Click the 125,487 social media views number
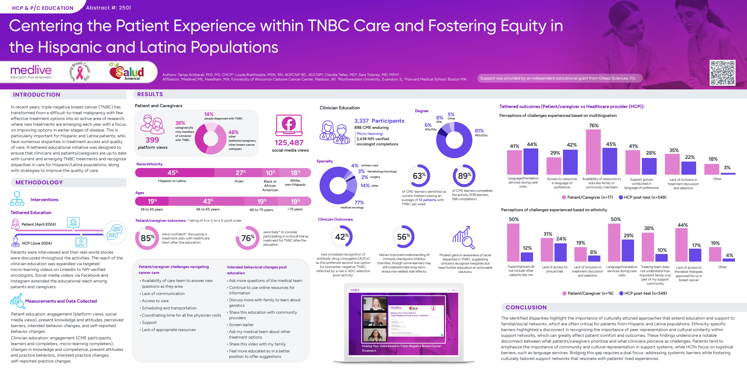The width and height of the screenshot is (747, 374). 289,143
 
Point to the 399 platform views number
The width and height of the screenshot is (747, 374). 152,140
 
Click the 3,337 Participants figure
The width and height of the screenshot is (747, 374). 379,121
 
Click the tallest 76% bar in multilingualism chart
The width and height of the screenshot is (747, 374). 593,152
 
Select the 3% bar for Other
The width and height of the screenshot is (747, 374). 728,174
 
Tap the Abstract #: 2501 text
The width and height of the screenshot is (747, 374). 108,8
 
